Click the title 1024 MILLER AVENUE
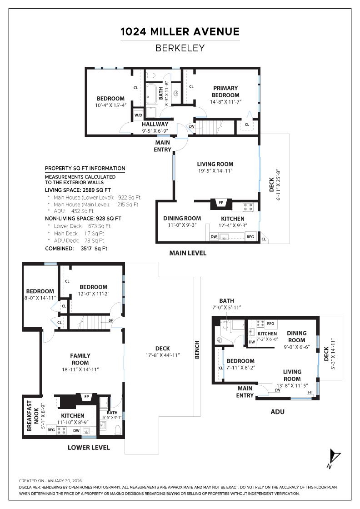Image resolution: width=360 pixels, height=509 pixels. click(180, 32)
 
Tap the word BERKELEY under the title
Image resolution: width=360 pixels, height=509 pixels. click(180, 48)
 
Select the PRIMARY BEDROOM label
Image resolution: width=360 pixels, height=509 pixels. click(225, 91)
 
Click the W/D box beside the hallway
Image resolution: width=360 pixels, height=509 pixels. click(138, 115)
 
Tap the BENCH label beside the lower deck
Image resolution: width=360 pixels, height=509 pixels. click(197, 350)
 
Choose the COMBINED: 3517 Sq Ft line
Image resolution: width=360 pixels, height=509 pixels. click(76, 249)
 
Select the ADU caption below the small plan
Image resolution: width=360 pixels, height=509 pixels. click(277, 412)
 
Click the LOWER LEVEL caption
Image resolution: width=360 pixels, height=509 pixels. click(89, 447)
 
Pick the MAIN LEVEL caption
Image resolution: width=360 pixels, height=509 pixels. click(188, 253)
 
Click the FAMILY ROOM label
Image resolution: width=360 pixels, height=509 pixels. click(80, 359)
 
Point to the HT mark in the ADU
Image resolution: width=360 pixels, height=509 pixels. click(310, 392)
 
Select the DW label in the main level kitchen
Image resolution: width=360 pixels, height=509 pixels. click(214, 236)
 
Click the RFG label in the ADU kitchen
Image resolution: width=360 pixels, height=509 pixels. click(270, 324)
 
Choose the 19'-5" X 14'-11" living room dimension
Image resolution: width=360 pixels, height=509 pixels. click(215, 171)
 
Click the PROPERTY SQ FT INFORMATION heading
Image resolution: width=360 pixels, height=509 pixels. click(85, 168)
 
